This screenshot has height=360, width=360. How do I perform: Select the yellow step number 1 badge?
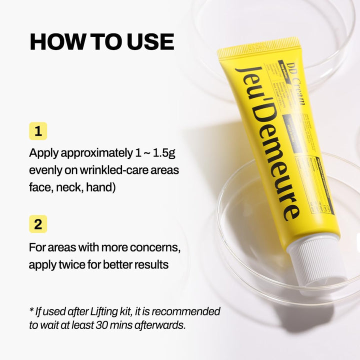pos(38,131)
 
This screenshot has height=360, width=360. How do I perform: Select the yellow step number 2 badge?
pos(38,224)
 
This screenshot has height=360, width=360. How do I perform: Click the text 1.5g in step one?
pos(169,152)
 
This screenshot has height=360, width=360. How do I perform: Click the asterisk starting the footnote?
pos(31,310)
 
